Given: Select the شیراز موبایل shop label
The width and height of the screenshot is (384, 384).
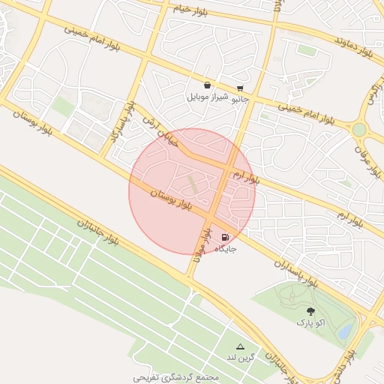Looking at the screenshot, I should coord(206,97).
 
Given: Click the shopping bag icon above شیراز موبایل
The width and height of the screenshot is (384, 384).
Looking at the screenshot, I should coord(207,85).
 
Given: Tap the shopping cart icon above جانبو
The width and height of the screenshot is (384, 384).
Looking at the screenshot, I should coord(240,88).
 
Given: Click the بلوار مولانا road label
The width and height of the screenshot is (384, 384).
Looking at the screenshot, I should coord(199,244).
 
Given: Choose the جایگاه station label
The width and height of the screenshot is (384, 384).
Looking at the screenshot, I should coord(226,247).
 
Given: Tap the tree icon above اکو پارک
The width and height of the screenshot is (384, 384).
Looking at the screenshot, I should coord(310,310).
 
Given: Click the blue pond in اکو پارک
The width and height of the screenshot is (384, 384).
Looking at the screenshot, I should coord(346,331).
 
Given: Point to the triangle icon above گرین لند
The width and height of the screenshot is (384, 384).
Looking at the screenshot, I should coord(241,346).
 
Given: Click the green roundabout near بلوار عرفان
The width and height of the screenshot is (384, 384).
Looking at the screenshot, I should coord(359,129).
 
